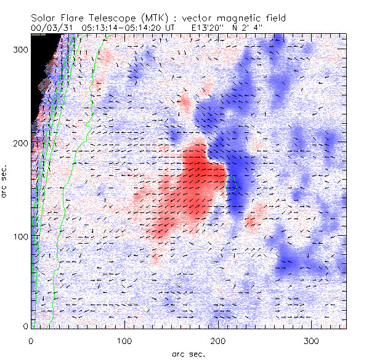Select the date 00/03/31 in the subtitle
click(x=48, y=28)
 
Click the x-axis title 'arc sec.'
click(x=188, y=353)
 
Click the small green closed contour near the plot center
click(x=232, y=183)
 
